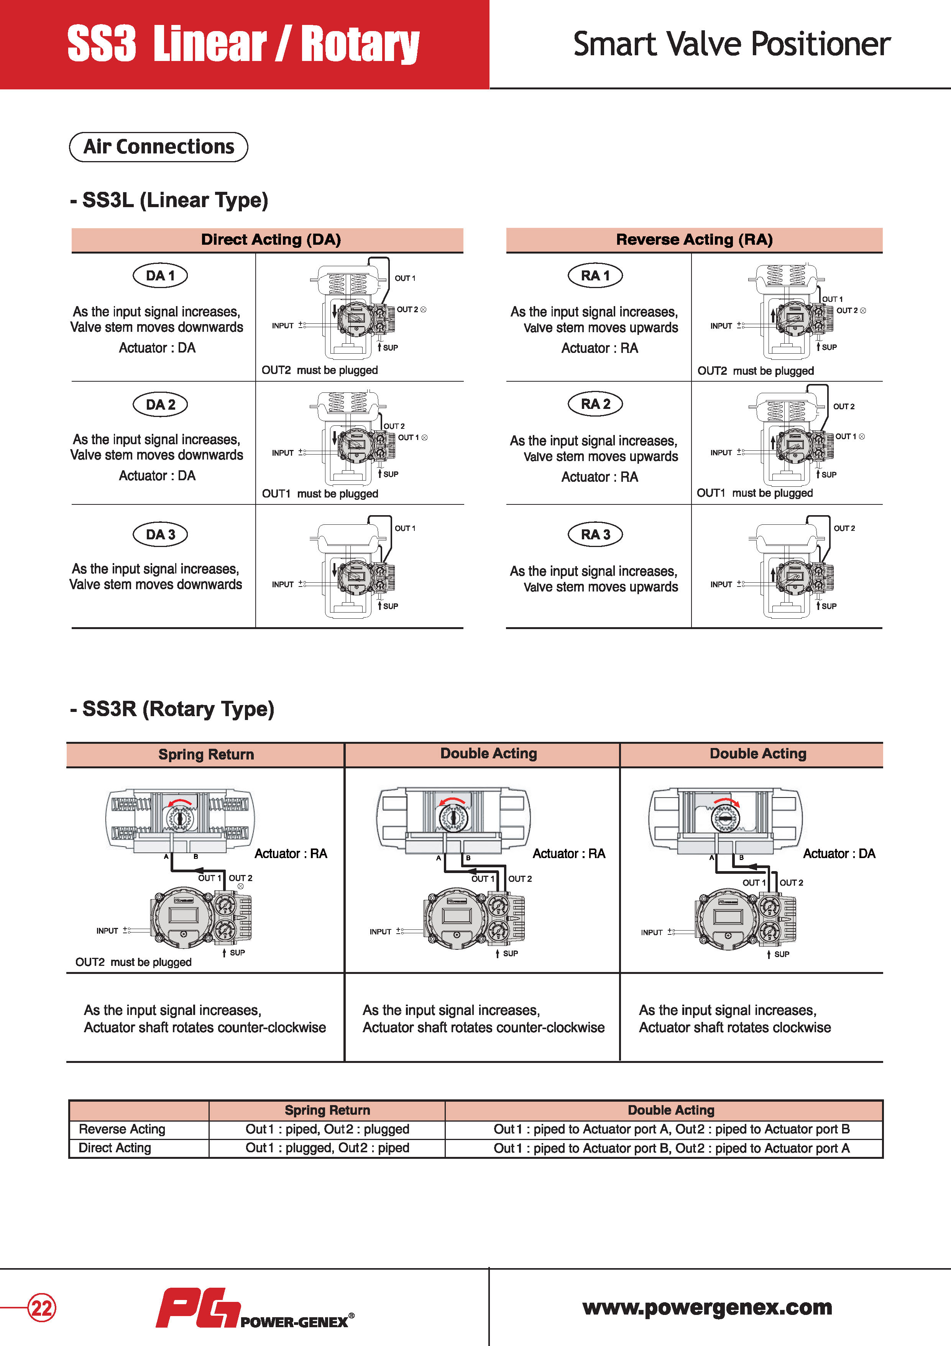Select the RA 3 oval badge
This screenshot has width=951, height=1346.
[x=595, y=534]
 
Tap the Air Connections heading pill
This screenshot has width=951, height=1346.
[x=159, y=147]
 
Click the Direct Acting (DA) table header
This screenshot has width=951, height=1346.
[x=271, y=239]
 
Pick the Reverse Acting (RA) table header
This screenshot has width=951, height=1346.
[x=694, y=239]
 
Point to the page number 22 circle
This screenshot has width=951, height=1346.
[x=42, y=1308]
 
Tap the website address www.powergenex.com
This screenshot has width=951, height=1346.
[x=707, y=1307]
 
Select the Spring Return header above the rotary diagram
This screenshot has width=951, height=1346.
[x=206, y=755]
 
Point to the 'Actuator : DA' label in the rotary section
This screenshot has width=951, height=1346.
[x=838, y=853]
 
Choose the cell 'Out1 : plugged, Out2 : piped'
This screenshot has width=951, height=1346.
[x=327, y=1148]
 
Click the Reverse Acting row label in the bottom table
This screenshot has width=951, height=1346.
[x=122, y=1129]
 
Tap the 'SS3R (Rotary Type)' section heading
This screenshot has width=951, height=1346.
[x=172, y=709]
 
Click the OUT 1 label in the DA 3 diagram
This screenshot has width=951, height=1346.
[x=405, y=528]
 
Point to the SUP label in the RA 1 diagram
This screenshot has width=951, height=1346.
[x=829, y=347]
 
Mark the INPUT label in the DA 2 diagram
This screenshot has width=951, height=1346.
[x=283, y=453]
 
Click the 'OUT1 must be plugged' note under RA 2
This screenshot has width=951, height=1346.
[x=755, y=493]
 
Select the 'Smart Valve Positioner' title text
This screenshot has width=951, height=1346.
[x=731, y=44]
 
